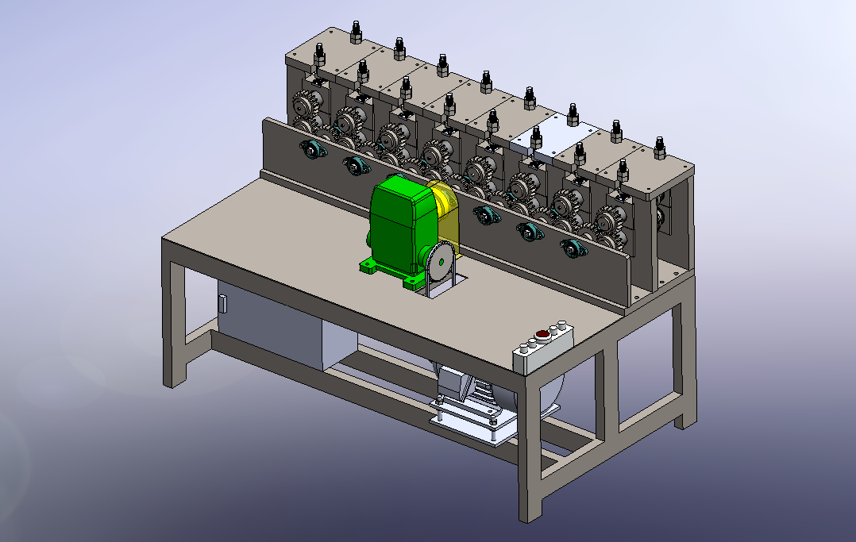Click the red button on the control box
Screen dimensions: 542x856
click(543, 334)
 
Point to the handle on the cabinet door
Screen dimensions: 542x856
click(223, 304)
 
